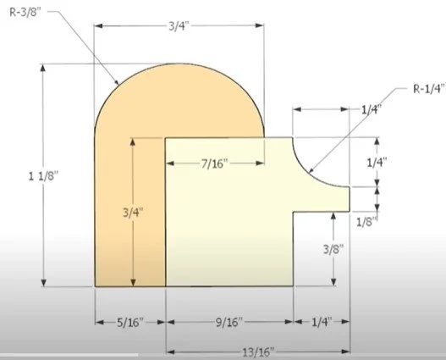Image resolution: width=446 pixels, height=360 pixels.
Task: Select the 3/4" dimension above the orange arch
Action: [x=179, y=25]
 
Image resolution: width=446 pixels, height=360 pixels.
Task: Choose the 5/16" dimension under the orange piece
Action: [x=129, y=322]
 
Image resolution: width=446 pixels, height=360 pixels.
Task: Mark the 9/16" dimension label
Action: [x=229, y=322]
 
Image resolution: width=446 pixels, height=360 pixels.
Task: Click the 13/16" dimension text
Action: [x=258, y=352]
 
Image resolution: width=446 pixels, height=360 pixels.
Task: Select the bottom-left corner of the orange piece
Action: [x=96, y=285]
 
